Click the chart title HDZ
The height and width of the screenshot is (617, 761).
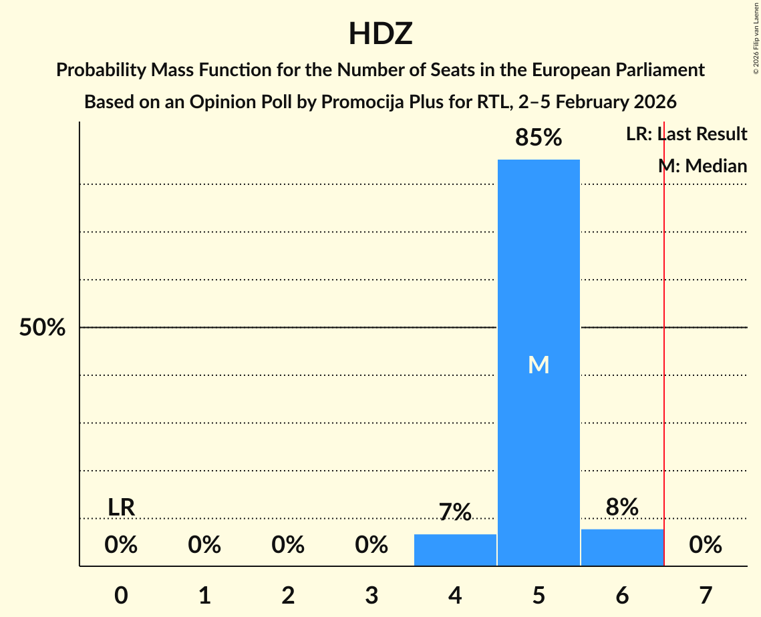(x=380, y=33)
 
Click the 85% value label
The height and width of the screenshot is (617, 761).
(x=539, y=138)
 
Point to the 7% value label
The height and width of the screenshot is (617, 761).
(x=455, y=512)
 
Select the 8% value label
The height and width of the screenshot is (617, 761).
(x=622, y=507)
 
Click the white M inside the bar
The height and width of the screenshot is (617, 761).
(x=539, y=365)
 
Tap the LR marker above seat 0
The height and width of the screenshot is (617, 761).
(x=121, y=507)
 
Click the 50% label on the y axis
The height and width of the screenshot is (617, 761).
(x=42, y=328)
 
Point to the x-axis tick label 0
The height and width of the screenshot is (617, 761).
(x=121, y=595)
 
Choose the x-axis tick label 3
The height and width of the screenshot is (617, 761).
(x=371, y=595)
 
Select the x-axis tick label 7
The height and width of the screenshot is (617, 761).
(x=706, y=595)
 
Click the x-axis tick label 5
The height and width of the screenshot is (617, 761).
(x=539, y=595)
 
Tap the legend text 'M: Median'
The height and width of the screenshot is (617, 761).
(x=702, y=166)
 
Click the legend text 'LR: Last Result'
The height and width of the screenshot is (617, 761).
(x=686, y=134)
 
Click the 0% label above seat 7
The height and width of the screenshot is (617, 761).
(x=706, y=545)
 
